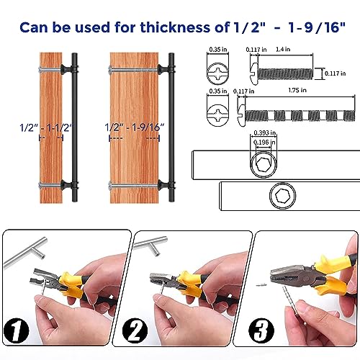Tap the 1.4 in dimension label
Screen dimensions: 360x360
point(283,49)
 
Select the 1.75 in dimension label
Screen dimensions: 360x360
point(297,90)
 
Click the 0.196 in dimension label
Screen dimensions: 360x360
point(264,143)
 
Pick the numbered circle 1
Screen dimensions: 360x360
point(17,330)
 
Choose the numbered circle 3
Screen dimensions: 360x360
point(261,330)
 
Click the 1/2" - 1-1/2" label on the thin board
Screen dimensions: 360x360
point(46,127)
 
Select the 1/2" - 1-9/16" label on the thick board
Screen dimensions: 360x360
point(135,127)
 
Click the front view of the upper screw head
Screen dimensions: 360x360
point(217,72)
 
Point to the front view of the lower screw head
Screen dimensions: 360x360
point(217,112)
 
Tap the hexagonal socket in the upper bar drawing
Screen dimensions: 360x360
point(264,165)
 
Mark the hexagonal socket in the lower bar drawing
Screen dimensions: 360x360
point(282,196)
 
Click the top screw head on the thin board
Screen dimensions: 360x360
point(40,70)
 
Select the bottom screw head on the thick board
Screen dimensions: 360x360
point(110,186)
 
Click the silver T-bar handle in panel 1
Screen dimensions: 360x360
point(25,252)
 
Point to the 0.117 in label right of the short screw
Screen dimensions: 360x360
point(336,73)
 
